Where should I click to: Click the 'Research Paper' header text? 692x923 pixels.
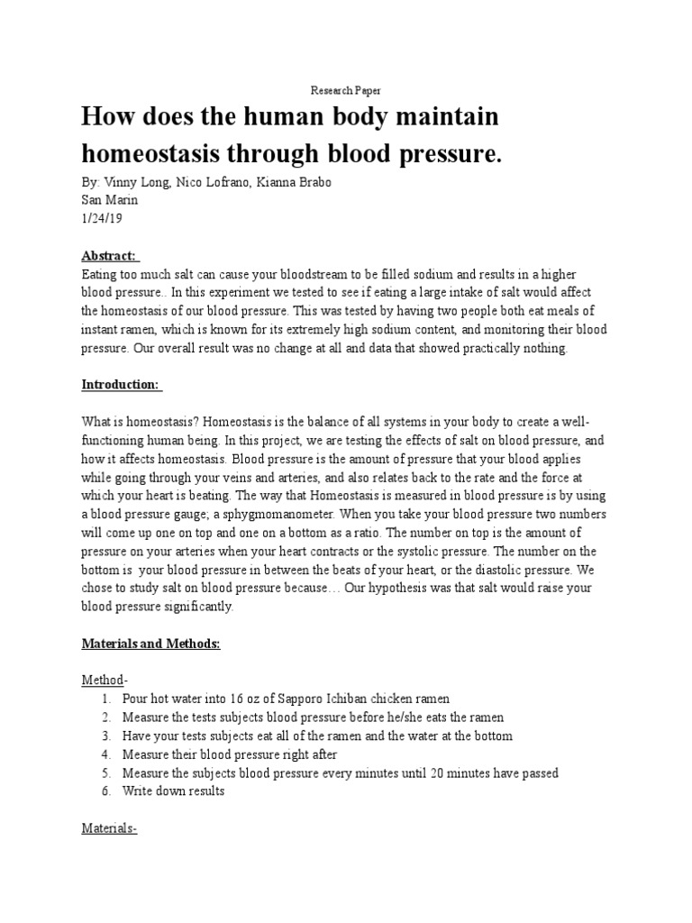346,91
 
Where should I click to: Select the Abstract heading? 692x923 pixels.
109,255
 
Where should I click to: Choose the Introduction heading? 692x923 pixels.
121,385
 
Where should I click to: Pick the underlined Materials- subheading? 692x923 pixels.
109,827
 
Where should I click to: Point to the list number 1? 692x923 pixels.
106,699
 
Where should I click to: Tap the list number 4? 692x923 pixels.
106,754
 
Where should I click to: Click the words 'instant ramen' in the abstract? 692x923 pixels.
118,331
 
